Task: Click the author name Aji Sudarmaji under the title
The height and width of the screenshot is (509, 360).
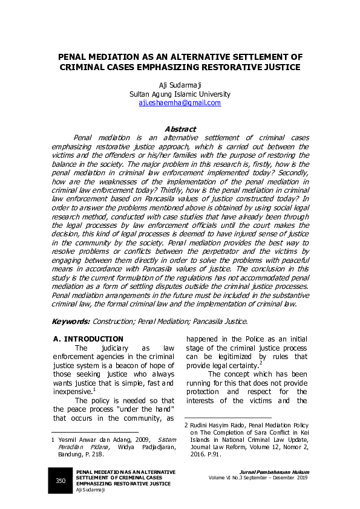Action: tap(180, 85)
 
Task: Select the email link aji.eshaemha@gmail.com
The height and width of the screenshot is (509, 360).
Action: tap(180, 103)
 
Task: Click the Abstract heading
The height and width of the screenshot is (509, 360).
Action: tap(180, 129)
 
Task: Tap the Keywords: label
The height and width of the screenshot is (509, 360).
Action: tap(71, 322)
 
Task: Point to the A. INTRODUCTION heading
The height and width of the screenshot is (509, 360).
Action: tap(88, 339)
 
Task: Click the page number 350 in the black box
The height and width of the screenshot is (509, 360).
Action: tap(61, 481)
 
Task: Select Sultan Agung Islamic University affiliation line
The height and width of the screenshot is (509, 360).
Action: tap(180, 94)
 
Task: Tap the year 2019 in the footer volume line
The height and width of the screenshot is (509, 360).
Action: tap(301, 478)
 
